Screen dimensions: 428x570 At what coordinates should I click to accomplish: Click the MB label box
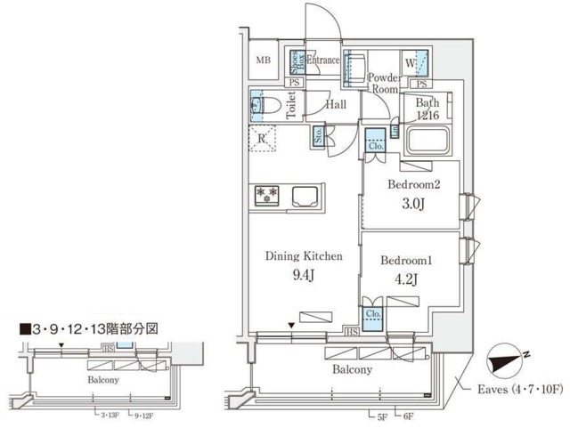264,61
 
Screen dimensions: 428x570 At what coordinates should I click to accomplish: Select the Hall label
336,105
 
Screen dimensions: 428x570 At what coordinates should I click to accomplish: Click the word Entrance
324,61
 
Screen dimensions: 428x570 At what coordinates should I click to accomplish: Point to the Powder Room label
384,83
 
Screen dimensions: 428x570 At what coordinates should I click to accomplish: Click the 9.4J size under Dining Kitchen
303,275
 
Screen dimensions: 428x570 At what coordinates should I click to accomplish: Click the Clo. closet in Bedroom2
377,141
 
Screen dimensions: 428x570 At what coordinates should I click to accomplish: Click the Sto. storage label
319,135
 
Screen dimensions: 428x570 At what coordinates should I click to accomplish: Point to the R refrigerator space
264,138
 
